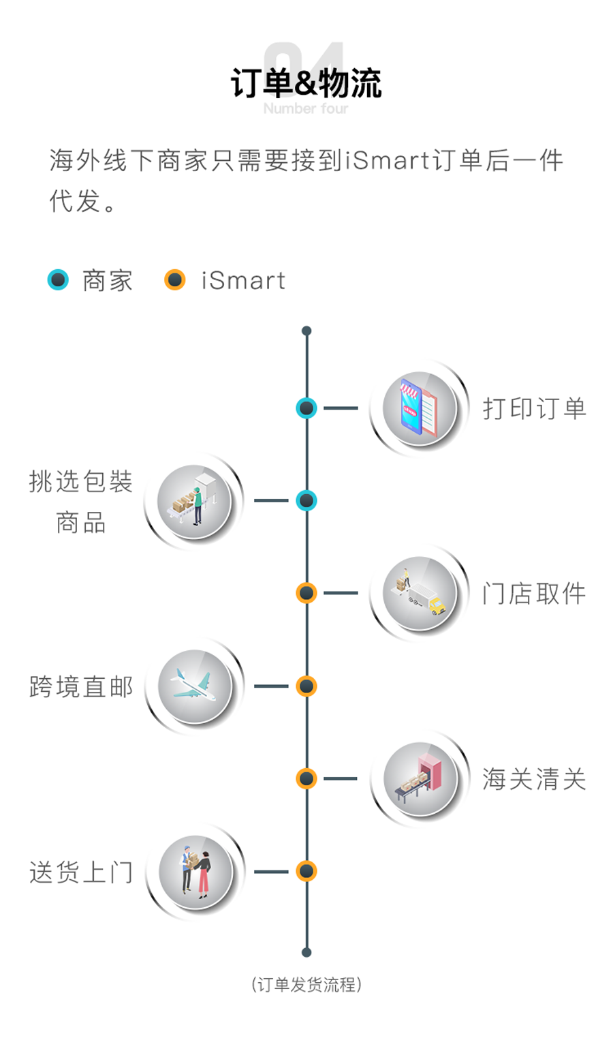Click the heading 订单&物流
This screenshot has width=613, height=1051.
[306, 84]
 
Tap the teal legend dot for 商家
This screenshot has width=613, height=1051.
[59, 279]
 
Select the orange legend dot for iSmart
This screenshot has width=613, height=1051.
[175, 279]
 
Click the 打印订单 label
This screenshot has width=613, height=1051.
[534, 408]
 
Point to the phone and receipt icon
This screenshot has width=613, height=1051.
[419, 408]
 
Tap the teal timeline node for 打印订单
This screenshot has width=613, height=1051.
[306, 408]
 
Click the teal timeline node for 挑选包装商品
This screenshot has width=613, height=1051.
[306, 501]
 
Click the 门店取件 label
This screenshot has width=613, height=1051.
[534, 594]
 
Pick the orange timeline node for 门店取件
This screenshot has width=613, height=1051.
[306, 593]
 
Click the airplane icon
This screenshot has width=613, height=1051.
[194, 686]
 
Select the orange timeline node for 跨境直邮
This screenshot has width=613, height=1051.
[306, 686]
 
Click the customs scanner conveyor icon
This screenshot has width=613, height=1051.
[419, 778]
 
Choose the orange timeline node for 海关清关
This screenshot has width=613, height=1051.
[306, 778]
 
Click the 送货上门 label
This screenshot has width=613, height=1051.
[81, 872]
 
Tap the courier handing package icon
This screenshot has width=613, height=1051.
[195, 871]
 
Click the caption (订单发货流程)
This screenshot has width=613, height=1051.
[306, 985]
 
